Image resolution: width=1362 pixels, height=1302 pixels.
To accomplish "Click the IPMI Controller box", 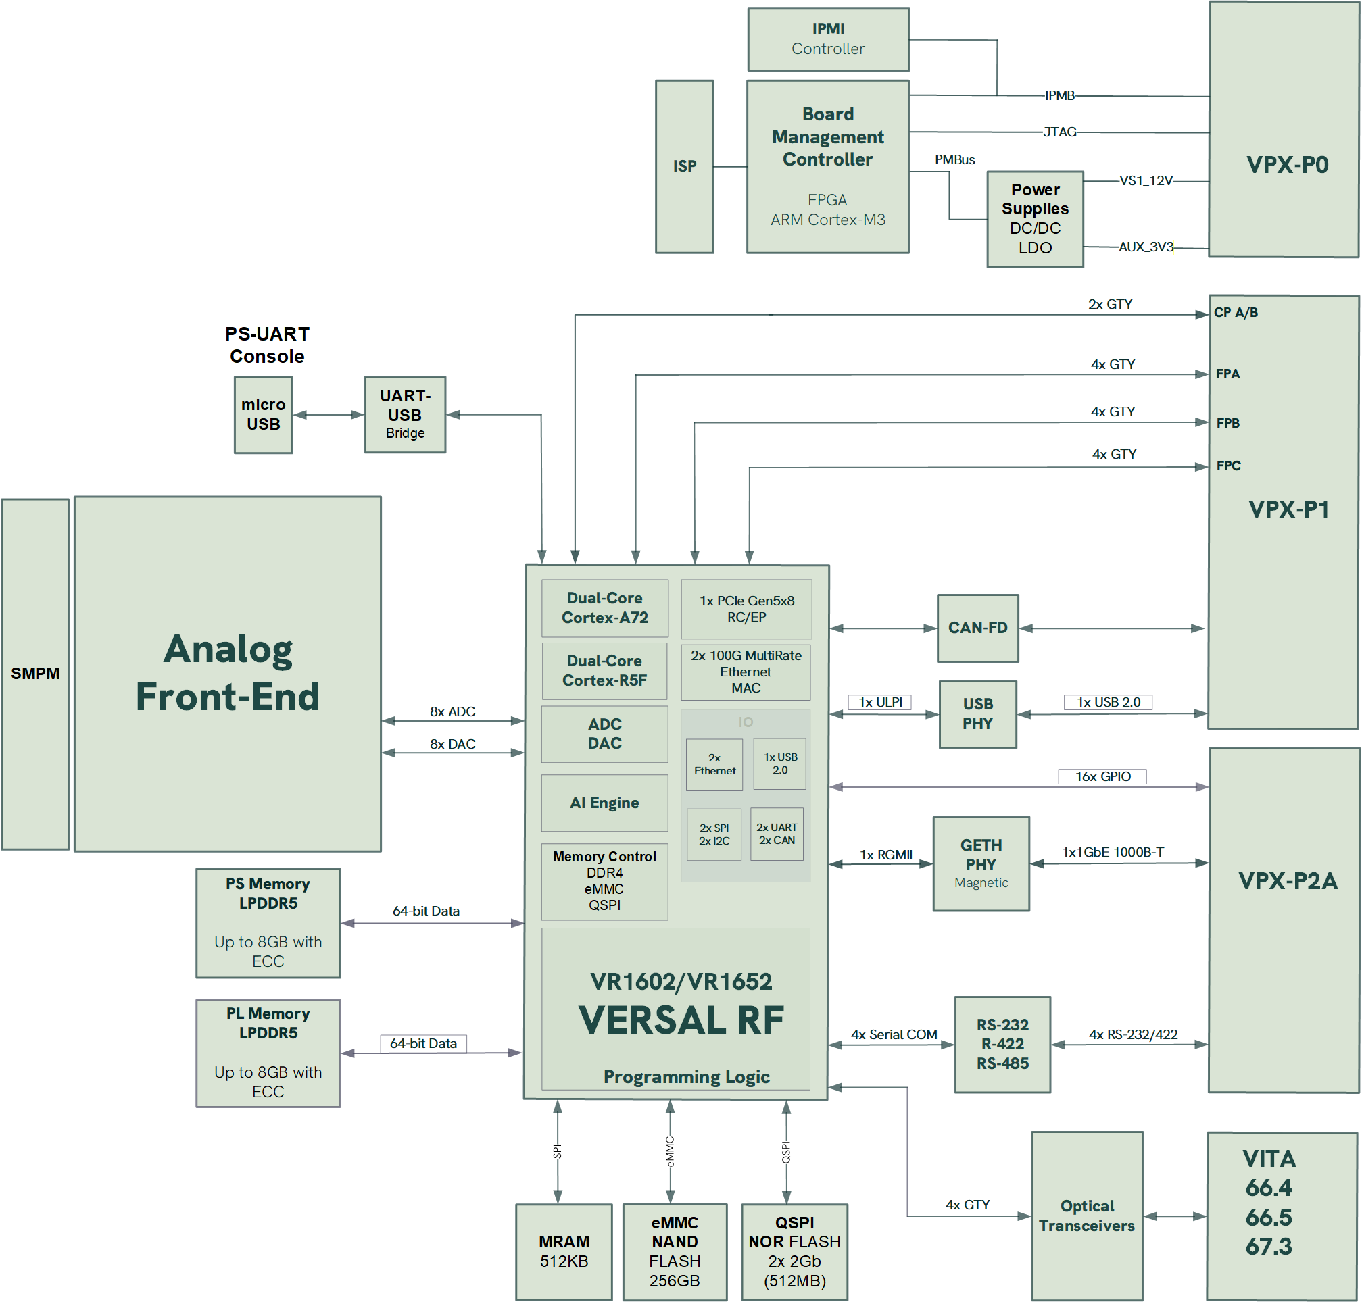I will click(828, 40).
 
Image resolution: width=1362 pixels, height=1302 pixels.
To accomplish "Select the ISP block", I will click(685, 167).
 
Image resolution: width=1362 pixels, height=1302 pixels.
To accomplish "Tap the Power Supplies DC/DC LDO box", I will click(1035, 220).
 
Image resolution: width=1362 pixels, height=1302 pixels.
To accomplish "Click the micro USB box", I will click(263, 415).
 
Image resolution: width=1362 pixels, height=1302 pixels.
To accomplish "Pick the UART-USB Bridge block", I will click(405, 415).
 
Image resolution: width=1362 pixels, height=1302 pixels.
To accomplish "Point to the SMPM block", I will click(34, 674).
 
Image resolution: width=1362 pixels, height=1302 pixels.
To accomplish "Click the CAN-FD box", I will click(977, 628).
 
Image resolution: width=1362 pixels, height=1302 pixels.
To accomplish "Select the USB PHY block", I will click(977, 714).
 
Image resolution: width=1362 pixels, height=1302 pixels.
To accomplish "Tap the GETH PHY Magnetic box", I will click(981, 864).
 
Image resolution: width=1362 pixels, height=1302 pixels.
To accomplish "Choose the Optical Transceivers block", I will click(1086, 1216).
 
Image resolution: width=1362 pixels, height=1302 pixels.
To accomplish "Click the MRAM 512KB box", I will click(564, 1251).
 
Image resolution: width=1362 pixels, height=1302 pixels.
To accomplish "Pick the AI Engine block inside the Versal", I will click(605, 803).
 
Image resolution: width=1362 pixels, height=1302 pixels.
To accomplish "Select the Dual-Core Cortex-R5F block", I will click(605, 671).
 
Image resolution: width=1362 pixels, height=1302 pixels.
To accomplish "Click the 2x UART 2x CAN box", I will click(777, 834).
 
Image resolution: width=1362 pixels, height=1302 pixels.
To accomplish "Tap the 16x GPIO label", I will click(1102, 776).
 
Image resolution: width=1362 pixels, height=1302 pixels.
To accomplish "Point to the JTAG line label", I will click(1059, 132).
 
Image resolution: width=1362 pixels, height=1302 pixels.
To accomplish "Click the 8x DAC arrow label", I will click(453, 744).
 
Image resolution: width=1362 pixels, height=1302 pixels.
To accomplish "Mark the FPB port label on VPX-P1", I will click(1227, 424).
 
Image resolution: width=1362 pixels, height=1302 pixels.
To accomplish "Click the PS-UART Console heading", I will click(267, 345).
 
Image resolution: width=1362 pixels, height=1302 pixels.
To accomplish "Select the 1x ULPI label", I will click(879, 703).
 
